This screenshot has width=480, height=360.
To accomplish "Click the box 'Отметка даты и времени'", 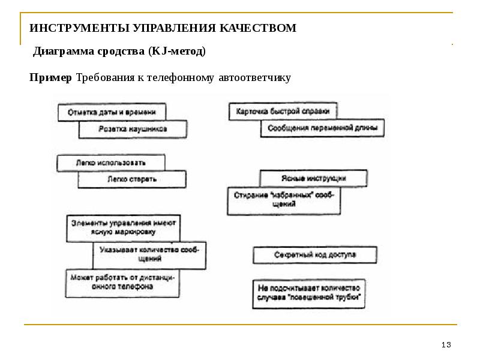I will pyautogui.click(x=112, y=112).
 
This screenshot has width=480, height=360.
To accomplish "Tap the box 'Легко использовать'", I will pyautogui.click(x=110, y=163).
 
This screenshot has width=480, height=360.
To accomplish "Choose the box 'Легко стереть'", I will pyautogui.click(x=132, y=179).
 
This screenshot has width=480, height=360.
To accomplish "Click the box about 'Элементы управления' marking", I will pyautogui.click(x=122, y=227).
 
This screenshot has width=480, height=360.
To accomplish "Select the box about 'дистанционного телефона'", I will pyautogui.click(x=122, y=283).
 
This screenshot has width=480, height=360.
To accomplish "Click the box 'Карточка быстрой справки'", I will pyautogui.click(x=283, y=112).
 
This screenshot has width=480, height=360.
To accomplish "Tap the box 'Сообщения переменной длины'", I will pyautogui.click(x=322, y=128).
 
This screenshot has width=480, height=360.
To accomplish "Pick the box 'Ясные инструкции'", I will pyautogui.click(x=313, y=179).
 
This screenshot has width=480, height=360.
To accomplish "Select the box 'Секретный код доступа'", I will pyautogui.click(x=315, y=255).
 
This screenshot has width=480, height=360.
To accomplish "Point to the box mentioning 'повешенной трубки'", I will pyautogui.click(x=308, y=292).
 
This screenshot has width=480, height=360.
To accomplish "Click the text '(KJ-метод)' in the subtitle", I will pyautogui.click(x=176, y=52).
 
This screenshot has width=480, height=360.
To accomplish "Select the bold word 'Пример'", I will pyautogui.click(x=51, y=77).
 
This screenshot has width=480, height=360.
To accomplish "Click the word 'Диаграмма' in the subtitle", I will pyautogui.click(x=61, y=52).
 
